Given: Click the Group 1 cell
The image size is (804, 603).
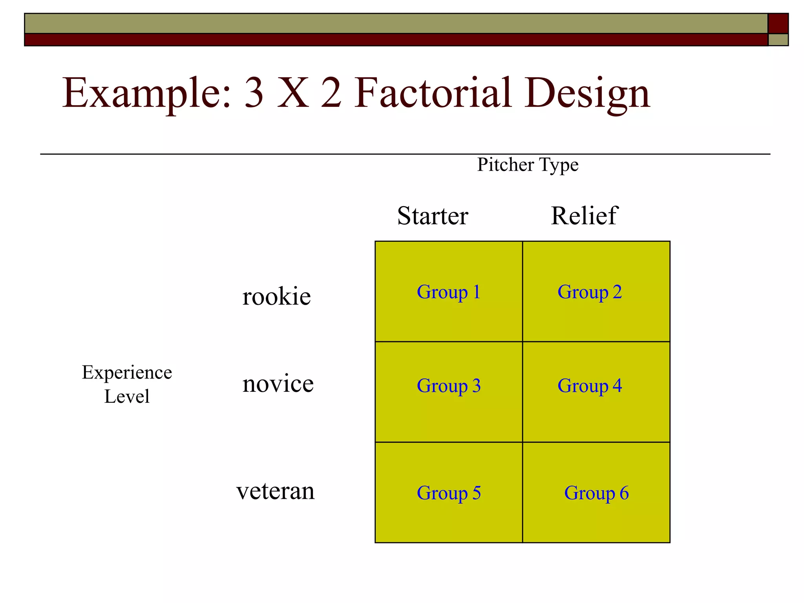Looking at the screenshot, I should [449, 292].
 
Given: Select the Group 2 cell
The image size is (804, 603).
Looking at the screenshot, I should [596, 292].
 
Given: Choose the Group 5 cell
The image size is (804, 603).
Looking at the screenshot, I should [449, 492].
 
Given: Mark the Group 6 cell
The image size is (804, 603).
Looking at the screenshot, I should [596, 492].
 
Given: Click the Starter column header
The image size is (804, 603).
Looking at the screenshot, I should [433, 216].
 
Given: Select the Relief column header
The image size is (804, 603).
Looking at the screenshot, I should [584, 216].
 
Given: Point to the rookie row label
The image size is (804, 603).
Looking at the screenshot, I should [276, 296].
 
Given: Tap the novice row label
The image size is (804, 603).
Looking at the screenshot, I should [278, 384].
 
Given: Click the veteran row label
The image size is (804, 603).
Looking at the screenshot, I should [276, 491].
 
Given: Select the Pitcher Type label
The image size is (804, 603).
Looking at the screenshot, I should [528, 165].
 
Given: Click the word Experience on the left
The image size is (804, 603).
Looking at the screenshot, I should [127, 373].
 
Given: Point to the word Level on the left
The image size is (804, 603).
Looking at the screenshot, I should [127, 396].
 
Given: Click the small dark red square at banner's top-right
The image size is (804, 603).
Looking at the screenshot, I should [778, 23].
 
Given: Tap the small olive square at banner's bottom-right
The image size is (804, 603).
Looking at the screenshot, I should [778, 40].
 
